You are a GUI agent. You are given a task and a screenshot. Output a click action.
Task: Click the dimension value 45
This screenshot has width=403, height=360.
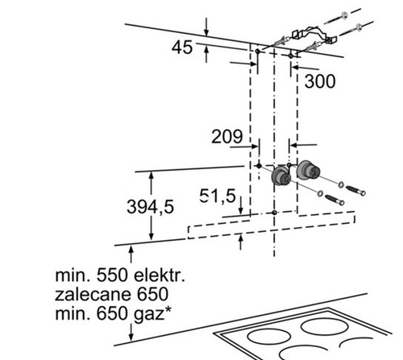pos(182,48)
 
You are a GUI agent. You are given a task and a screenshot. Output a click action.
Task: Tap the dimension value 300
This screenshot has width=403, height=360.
pos(320,81)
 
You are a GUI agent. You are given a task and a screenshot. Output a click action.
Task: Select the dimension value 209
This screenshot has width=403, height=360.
pos(227,136)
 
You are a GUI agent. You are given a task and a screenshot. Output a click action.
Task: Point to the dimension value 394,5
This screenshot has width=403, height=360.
pos(150,207)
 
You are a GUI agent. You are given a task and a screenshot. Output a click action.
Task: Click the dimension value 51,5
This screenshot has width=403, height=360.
pos(218,196)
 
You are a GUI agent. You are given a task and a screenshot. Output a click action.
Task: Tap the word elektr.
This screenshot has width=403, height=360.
pos(160,275)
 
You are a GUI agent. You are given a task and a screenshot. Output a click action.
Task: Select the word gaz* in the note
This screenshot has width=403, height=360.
pos(152,314)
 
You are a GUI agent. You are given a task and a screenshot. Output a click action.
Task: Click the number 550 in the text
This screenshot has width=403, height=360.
pos(112,275)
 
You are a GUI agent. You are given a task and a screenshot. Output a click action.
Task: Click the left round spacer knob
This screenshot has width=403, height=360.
pos(280,176)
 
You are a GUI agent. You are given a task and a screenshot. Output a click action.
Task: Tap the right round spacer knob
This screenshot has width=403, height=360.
pos(308,170)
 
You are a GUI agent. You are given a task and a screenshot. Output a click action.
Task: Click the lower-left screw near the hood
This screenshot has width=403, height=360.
pos(334,200)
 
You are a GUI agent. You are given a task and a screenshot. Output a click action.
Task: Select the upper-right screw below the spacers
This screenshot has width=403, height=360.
pos(355,191)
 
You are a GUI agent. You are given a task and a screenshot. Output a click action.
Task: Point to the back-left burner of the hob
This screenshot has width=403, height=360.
pos(268,337)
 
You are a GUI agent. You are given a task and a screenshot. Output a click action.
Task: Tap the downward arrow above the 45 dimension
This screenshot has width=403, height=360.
pos(206,27)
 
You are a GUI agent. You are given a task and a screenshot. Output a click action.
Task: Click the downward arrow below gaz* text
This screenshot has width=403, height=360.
pos(131,333)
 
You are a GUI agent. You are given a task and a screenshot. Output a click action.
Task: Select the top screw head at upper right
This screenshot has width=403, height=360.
pos(344,14)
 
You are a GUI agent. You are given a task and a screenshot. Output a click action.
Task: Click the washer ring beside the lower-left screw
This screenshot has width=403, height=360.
pos(320,193)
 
